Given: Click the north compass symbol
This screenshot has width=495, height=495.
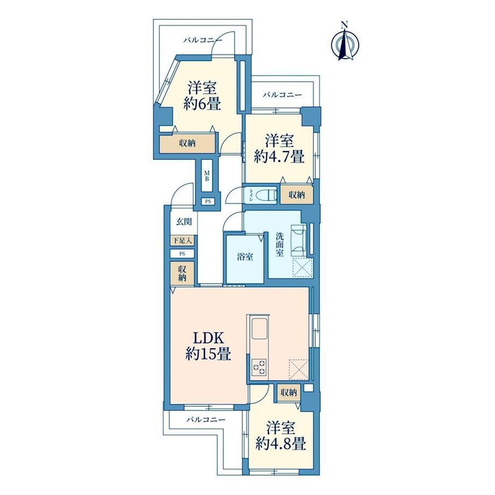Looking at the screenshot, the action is click(345, 42).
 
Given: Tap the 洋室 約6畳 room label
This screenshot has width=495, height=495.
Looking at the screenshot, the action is click(202, 95).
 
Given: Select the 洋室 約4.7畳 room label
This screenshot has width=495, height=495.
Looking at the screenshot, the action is click(279, 148).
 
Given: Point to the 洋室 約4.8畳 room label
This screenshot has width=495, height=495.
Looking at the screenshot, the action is click(281, 436).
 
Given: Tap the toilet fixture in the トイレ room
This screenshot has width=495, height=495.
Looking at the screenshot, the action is click(265, 195).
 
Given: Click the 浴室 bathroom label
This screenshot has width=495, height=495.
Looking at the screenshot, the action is click(245, 257).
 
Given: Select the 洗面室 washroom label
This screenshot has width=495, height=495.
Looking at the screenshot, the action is click(279, 244).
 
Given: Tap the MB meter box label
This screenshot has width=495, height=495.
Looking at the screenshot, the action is click(207, 176).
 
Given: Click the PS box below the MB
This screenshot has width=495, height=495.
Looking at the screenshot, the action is click(208, 201).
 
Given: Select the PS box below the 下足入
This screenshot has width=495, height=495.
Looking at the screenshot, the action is click(182, 253).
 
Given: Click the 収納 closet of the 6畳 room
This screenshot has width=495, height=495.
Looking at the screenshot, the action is click(188, 144).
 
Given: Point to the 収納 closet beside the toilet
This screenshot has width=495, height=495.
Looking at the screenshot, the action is click(297, 195).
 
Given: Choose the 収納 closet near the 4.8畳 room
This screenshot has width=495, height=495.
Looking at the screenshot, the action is click(288, 392).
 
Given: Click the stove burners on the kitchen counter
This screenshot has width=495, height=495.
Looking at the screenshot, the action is click(259, 367).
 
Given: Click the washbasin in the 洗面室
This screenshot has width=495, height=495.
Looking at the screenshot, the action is click(299, 240).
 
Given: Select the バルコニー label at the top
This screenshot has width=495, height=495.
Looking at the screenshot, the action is click(203, 40).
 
